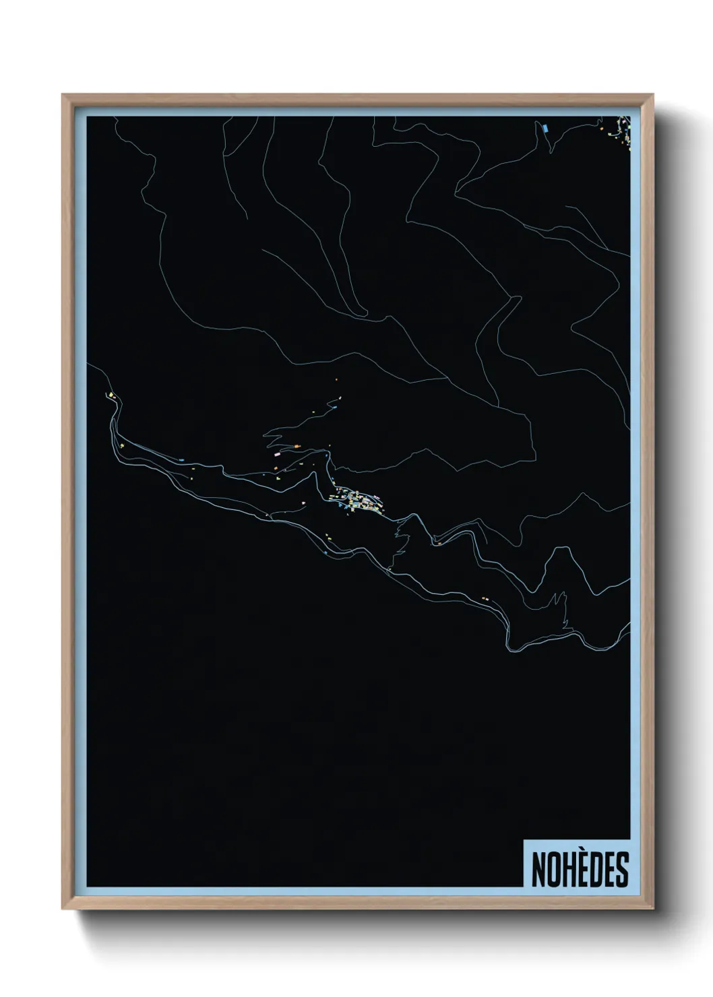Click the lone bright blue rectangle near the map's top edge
pos(545,127)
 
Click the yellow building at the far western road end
pos(108,394)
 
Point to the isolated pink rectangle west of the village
pos(276,455)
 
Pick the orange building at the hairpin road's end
pos(297,445)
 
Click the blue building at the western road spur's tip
pos(332,406)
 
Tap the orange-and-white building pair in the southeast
pos(484,597)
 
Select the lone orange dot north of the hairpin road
pos(336,380)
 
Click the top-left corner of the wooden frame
pos(63,95)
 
